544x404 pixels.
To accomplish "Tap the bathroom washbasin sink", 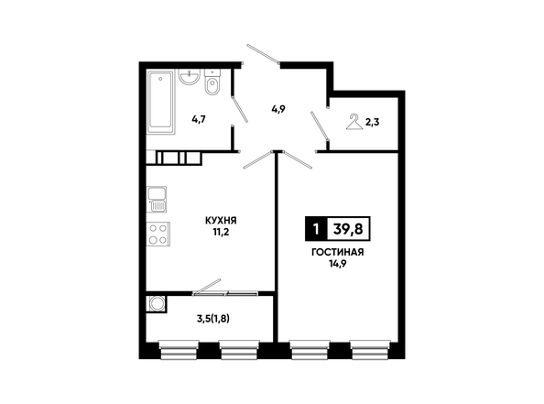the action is (x=189, y=76).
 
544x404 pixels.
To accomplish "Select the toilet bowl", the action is (x=212, y=82).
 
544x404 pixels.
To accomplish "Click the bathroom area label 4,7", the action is (x=199, y=119).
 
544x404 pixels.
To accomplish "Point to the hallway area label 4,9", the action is (x=278, y=110).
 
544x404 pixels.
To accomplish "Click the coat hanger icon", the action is (x=354, y=122).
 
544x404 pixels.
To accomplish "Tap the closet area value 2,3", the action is (x=372, y=122).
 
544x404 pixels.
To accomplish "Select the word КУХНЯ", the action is (x=221, y=221).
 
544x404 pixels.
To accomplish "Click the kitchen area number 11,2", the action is (x=221, y=232).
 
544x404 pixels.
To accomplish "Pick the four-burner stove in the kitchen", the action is (x=158, y=234).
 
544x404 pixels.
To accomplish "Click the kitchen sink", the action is (x=157, y=199).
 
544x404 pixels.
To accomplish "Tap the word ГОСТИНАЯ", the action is (x=338, y=252).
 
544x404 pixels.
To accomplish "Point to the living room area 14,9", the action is (x=338, y=264).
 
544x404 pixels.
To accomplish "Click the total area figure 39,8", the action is (x=348, y=229).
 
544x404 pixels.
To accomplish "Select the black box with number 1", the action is (x=316, y=229).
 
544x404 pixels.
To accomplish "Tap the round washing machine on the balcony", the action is (x=157, y=304).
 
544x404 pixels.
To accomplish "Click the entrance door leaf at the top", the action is (x=264, y=54).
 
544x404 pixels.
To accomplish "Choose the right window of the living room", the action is (x=369, y=350).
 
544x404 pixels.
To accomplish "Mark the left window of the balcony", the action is (x=179, y=350).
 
